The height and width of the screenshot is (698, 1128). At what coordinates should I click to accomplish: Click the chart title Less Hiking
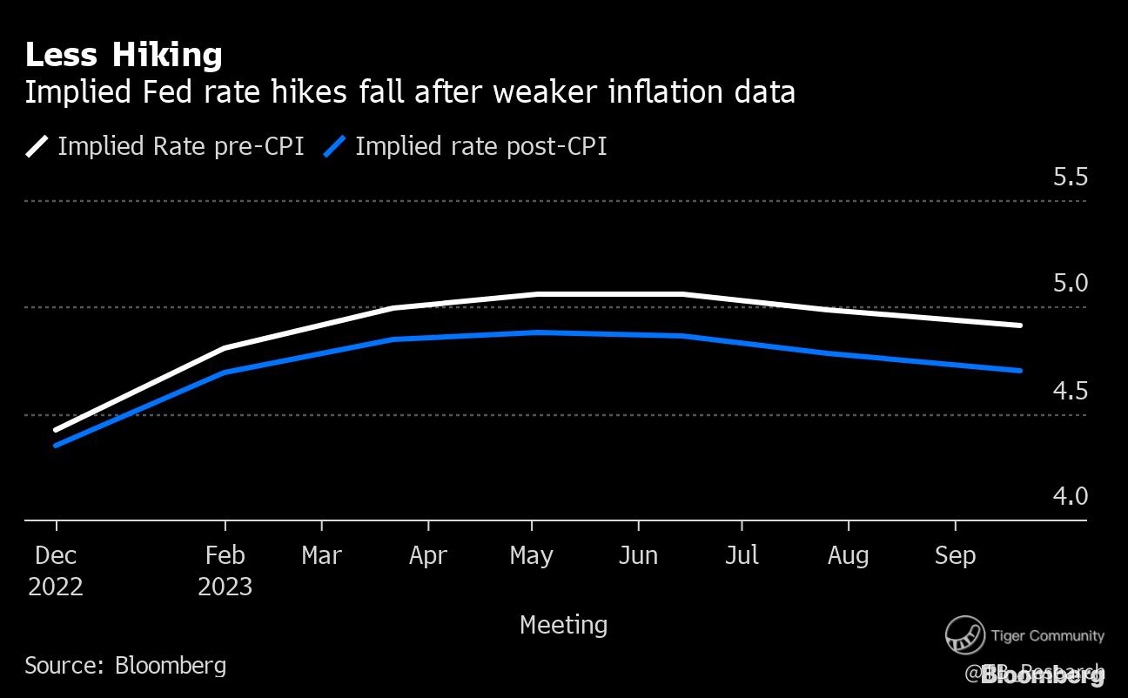(x=124, y=56)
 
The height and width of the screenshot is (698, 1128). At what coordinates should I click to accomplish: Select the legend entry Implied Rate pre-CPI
(x=180, y=146)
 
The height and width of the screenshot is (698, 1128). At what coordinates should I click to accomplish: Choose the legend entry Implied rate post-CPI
(x=480, y=146)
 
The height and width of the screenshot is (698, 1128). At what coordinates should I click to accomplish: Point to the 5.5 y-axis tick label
(x=1070, y=178)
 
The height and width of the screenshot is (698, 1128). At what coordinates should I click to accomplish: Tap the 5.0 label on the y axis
(x=1070, y=284)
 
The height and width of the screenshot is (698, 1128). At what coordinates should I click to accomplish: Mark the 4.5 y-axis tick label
(x=1070, y=391)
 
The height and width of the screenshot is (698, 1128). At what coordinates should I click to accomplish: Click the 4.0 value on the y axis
(x=1070, y=497)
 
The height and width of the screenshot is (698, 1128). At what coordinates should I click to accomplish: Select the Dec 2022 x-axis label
(x=56, y=571)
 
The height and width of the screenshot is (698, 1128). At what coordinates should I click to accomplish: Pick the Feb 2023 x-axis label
(x=225, y=571)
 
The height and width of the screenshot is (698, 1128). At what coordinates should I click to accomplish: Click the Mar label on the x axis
(x=322, y=555)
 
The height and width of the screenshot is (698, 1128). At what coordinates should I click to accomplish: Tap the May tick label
(x=532, y=555)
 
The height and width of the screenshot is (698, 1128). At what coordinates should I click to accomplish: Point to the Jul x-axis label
(x=742, y=555)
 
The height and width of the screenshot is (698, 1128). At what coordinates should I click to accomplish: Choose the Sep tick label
(x=955, y=555)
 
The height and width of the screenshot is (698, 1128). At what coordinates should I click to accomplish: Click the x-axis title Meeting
(x=563, y=625)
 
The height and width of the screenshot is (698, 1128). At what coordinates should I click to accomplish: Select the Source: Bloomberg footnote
(x=125, y=666)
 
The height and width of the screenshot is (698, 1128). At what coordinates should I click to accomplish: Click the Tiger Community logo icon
(x=964, y=635)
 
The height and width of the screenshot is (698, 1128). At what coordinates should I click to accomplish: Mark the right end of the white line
(x=1019, y=326)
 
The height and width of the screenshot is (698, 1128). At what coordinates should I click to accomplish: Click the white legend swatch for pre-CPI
(x=37, y=146)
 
